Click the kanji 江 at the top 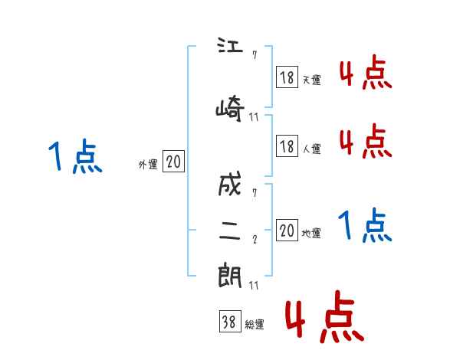pyautogui.click(x=231, y=47)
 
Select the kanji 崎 pyautogui.click(x=231, y=108)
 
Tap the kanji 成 pyautogui.click(x=231, y=186)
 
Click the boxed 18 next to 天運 pyautogui.click(x=287, y=77)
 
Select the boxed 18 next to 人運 pyautogui.click(x=287, y=146)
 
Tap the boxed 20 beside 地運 pyautogui.click(x=287, y=231)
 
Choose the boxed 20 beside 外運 pyautogui.click(x=173, y=162)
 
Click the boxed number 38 pyautogui.click(x=229, y=322)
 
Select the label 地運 pyautogui.click(x=311, y=234)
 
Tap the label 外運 pyautogui.click(x=147, y=164)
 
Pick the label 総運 pyautogui.click(x=254, y=325)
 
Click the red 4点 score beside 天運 pyautogui.click(x=365, y=74)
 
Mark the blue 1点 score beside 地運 pyautogui.click(x=365, y=226)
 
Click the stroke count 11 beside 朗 pyautogui.click(x=255, y=286)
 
